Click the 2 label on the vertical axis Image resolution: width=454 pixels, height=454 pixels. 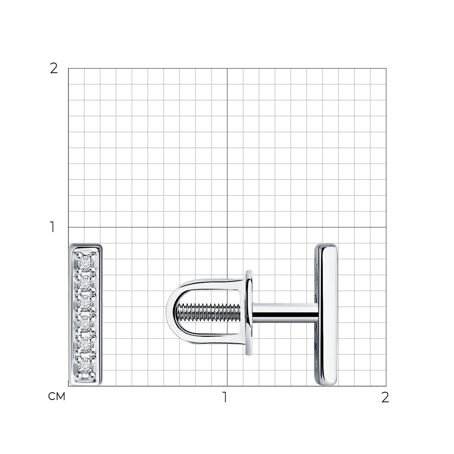tap(54, 69)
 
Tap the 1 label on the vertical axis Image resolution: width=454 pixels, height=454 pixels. tap(52, 227)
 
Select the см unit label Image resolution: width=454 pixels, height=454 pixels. tap(57, 396)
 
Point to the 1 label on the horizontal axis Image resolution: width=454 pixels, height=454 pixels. tap(225, 397)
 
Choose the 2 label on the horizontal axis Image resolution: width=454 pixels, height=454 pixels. tap(385, 397)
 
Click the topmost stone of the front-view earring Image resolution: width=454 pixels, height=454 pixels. tap(85, 263)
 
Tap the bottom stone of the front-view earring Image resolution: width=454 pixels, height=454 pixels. tap(85, 367)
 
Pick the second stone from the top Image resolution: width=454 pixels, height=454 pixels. tap(85, 284)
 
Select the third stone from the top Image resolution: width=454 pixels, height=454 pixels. tap(85, 303)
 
